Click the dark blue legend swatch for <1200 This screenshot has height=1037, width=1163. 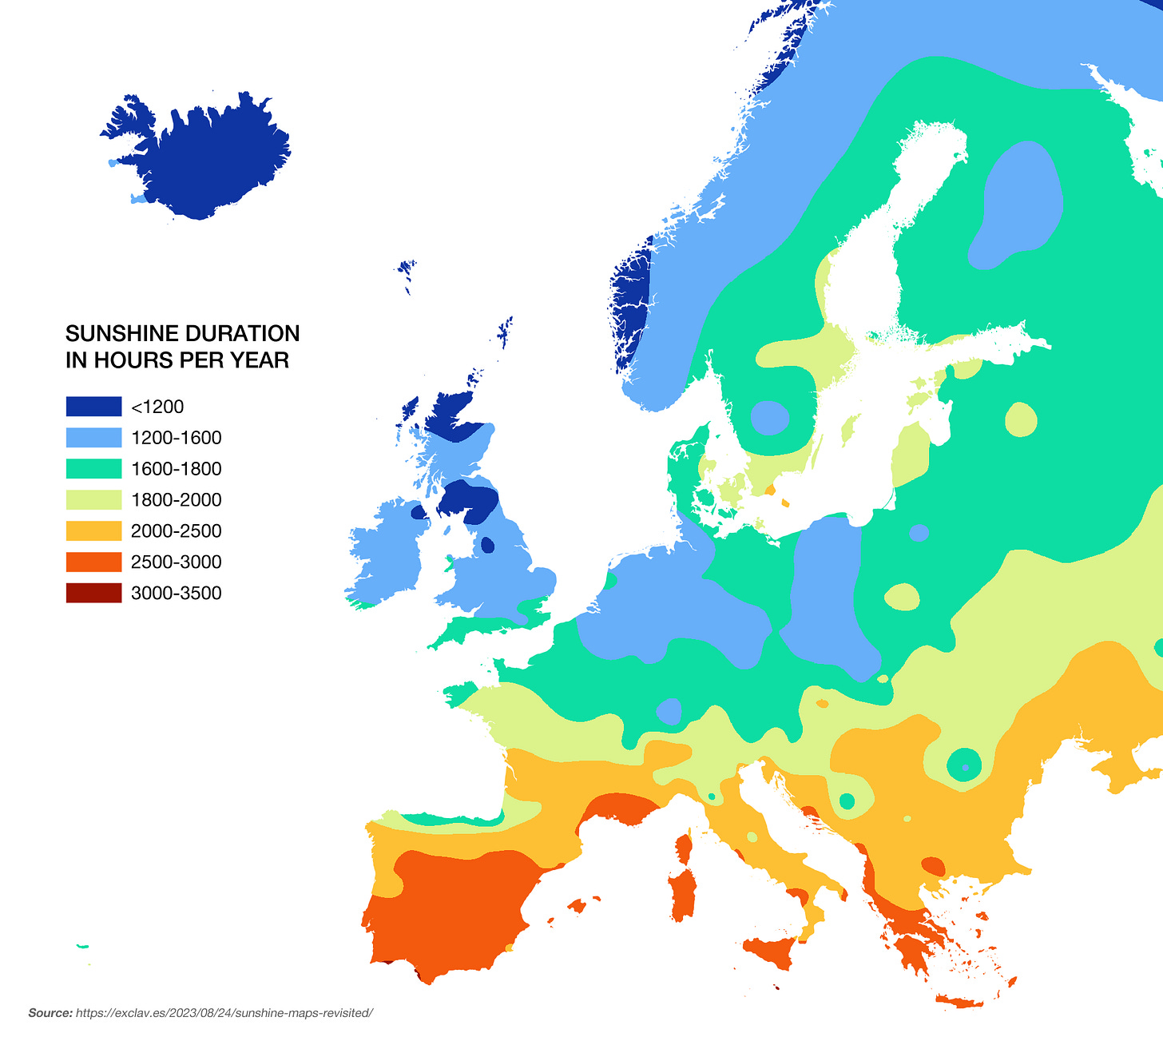pyautogui.click(x=93, y=407)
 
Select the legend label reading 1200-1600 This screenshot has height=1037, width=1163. pyautogui.click(x=176, y=438)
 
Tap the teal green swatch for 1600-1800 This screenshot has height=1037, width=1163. pyautogui.click(x=93, y=469)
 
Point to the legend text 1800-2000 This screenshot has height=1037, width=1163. pyautogui.click(x=176, y=500)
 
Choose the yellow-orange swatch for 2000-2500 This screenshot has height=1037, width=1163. pyautogui.click(x=93, y=531)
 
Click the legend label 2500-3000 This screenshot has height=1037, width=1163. pyautogui.click(x=176, y=562)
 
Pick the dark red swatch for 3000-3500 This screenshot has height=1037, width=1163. pyautogui.click(x=93, y=593)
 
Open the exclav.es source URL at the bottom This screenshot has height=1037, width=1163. pyautogui.click(x=224, y=1013)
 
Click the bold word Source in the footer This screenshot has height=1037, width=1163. pyautogui.click(x=50, y=1013)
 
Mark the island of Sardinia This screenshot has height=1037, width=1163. pyautogui.click(x=683, y=895)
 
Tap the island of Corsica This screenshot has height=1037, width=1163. pyautogui.click(x=684, y=848)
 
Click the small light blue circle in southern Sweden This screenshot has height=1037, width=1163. pyautogui.click(x=769, y=418)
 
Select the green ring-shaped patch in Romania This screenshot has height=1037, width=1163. pyautogui.click(x=965, y=765)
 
